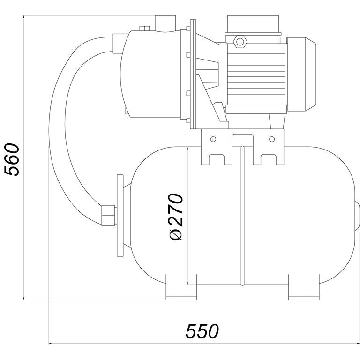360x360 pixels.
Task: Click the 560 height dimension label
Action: pyautogui.click(x=12, y=160)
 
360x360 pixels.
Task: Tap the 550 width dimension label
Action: pyautogui.click(x=202, y=331)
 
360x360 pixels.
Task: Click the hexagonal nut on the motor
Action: pyautogui.click(x=240, y=42)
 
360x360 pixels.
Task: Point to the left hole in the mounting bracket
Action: pyautogui.click(x=213, y=139)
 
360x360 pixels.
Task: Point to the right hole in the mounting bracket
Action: pyautogui.click(x=272, y=139)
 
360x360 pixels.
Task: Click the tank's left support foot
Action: pyautogui.click(x=181, y=287)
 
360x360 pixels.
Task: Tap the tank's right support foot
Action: pyautogui.click(x=304, y=287)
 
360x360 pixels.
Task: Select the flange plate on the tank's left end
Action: pyautogui.click(x=120, y=216)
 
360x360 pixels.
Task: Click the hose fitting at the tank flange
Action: pyautogui.click(x=108, y=216)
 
